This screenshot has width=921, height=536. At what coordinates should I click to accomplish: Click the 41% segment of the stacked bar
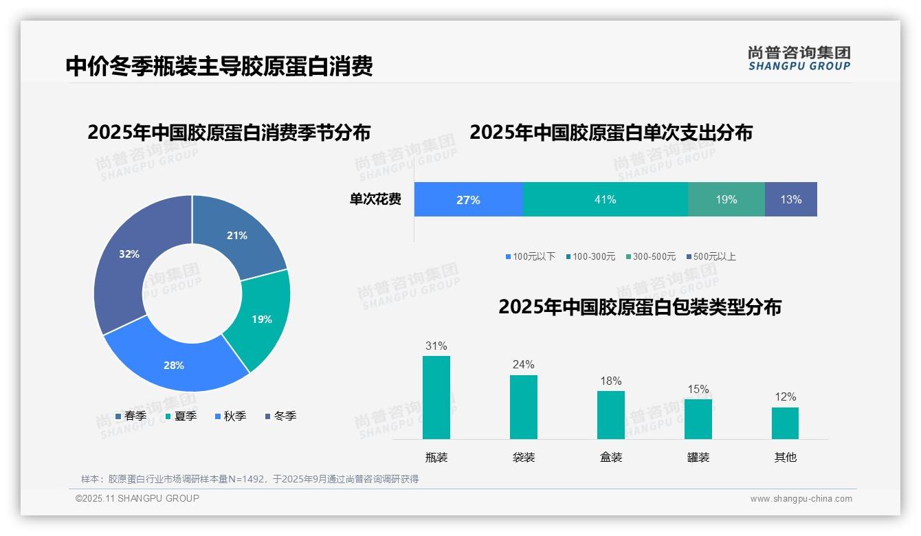tap(605, 199)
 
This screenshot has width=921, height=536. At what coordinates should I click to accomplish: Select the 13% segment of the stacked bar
tap(790, 199)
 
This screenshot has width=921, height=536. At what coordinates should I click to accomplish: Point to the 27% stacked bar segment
tap(468, 199)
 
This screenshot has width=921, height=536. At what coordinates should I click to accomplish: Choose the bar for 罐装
tap(698, 418)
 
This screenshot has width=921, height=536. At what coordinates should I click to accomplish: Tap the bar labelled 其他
tap(785, 423)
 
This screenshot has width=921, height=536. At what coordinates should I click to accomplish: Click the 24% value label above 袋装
tap(523, 364)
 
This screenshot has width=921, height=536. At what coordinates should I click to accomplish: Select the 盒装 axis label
tap(610, 457)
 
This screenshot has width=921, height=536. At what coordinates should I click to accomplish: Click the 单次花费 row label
tap(375, 199)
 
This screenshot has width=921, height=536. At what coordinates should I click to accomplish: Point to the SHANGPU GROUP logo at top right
tap(799, 58)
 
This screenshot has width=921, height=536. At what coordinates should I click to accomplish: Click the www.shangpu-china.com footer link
tap(801, 498)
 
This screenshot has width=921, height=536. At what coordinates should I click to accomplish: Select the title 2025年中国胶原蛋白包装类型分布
tap(639, 306)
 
